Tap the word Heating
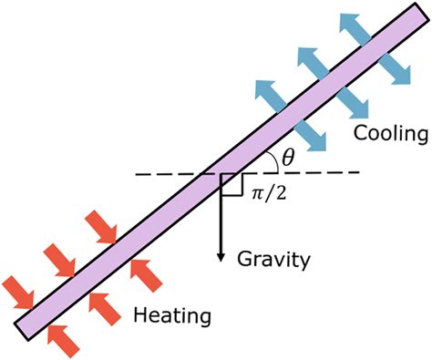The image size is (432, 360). [x=172, y=316]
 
